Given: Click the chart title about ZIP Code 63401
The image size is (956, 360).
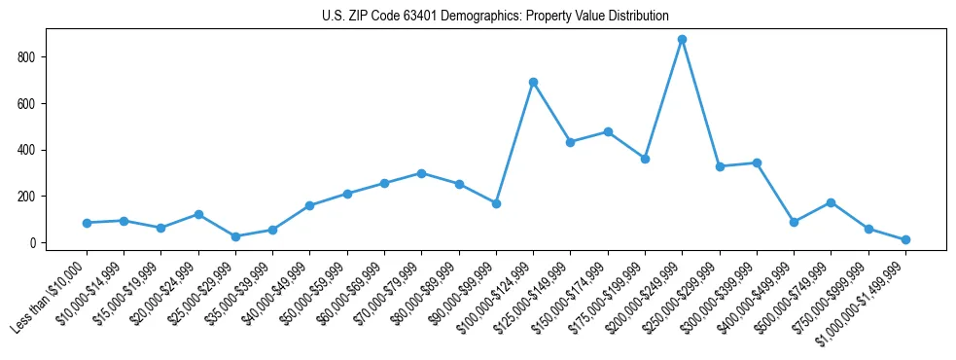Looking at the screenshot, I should pyautogui.click(x=495, y=17).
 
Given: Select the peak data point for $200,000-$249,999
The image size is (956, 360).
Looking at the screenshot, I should pyautogui.click(x=682, y=40).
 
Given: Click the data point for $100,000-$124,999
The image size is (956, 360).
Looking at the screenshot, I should pyautogui.click(x=533, y=82).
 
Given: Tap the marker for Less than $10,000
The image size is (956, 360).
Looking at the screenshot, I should pyautogui.click(x=87, y=223).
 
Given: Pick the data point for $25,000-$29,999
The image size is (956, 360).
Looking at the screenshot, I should pyautogui.click(x=235, y=236).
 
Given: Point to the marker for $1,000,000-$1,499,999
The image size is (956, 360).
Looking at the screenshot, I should pyautogui.click(x=905, y=239).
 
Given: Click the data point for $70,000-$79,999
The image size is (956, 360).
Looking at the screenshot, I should pyautogui.click(x=421, y=173).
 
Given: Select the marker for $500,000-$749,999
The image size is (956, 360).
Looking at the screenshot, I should pyautogui.click(x=831, y=202).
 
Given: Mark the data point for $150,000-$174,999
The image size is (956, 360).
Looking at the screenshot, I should pyautogui.click(x=608, y=131).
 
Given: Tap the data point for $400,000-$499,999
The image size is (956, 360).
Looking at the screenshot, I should pyautogui.click(x=794, y=222).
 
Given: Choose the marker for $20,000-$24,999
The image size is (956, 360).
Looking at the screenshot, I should pyautogui.click(x=198, y=214).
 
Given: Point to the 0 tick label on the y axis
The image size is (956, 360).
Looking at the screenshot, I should pyautogui.click(x=34, y=243).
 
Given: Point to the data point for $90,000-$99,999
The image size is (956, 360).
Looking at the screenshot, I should pyautogui.click(x=496, y=203).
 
